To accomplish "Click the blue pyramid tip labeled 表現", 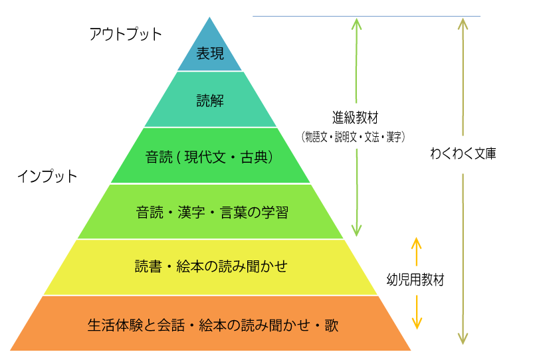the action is click(x=210, y=51).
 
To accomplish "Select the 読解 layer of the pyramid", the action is click(x=211, y=100).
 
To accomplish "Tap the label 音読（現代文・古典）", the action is click(x=209, y=157).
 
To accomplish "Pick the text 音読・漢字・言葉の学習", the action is click(x=212, y=213).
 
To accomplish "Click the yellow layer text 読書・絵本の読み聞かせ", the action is click(x=211, y=266).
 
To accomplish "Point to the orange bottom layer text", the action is click(x=213, y=325).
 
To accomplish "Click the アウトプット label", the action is click(x=126, y=35).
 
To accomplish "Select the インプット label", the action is click(x=47, y=176).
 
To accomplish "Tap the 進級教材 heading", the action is click(x=355, y=118).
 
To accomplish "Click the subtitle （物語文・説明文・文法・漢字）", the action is click(x=353, y=137).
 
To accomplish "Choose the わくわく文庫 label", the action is click(x=463, y=153).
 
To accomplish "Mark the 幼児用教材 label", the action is click(x=415, y=280).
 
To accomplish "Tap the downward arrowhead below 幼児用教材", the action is click(x=417, y=323).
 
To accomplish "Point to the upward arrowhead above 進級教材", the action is click(x=356, y=24).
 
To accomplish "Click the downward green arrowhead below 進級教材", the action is click(x=356, y=230).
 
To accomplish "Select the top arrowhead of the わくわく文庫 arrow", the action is click(x=463, y=24).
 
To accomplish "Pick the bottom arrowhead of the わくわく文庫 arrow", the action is click(x=463, y=338).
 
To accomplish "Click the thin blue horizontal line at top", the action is click(x=366, y=16).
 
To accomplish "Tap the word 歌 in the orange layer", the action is click(x=332, y=325).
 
